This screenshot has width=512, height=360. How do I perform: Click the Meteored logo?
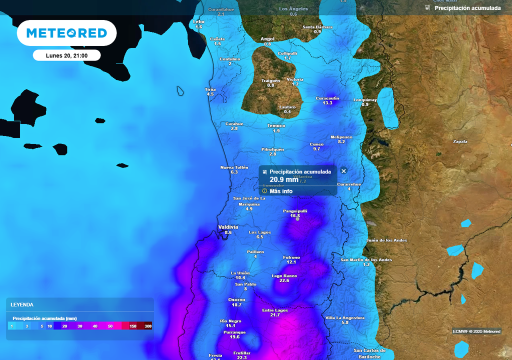[x=66, y=33]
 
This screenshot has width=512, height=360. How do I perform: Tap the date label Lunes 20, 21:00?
[x=66, y=55]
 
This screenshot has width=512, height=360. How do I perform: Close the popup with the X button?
[x=343, y=171]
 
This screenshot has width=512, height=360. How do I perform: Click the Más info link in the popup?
[x=281, y=191]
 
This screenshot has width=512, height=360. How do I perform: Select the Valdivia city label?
[x=228, y=227]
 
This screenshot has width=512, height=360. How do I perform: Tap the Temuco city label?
[x=276, y=125]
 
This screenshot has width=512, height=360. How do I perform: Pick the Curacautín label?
[x=327, y=98]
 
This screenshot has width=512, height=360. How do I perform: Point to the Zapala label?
[x=460, y=141]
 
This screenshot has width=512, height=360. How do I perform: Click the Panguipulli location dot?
[x=297, y=218]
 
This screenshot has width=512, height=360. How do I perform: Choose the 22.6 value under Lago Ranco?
[x=284, y=280]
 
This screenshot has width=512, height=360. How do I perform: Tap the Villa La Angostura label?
[x=345, y=317]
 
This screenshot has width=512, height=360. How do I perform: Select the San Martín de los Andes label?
[x=366, y=259]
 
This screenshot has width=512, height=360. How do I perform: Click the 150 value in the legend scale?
[x=133, y=326]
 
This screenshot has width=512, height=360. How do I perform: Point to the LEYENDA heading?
[x=22, y=304]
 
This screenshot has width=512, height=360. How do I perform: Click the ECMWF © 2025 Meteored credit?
[x=476, y=331]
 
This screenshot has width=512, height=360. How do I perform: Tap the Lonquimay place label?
[x=364, y=99]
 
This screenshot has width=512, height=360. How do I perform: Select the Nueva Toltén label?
[x=234, y=167]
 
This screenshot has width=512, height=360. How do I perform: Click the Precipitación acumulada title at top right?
[x=467, y=8]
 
